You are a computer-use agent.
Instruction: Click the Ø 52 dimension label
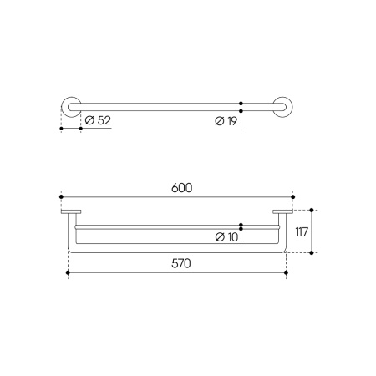coord(98,120)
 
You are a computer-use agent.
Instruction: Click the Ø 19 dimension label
coord(226,121)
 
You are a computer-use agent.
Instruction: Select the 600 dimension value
coord(181,188)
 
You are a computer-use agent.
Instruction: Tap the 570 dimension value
coord(181,263)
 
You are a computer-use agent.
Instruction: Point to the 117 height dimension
coord(302,231)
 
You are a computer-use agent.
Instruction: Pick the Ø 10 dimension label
coord(226,237)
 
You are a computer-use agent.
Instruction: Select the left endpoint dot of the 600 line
coord(61,197)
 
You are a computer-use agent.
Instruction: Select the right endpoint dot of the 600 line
coord(292,197)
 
